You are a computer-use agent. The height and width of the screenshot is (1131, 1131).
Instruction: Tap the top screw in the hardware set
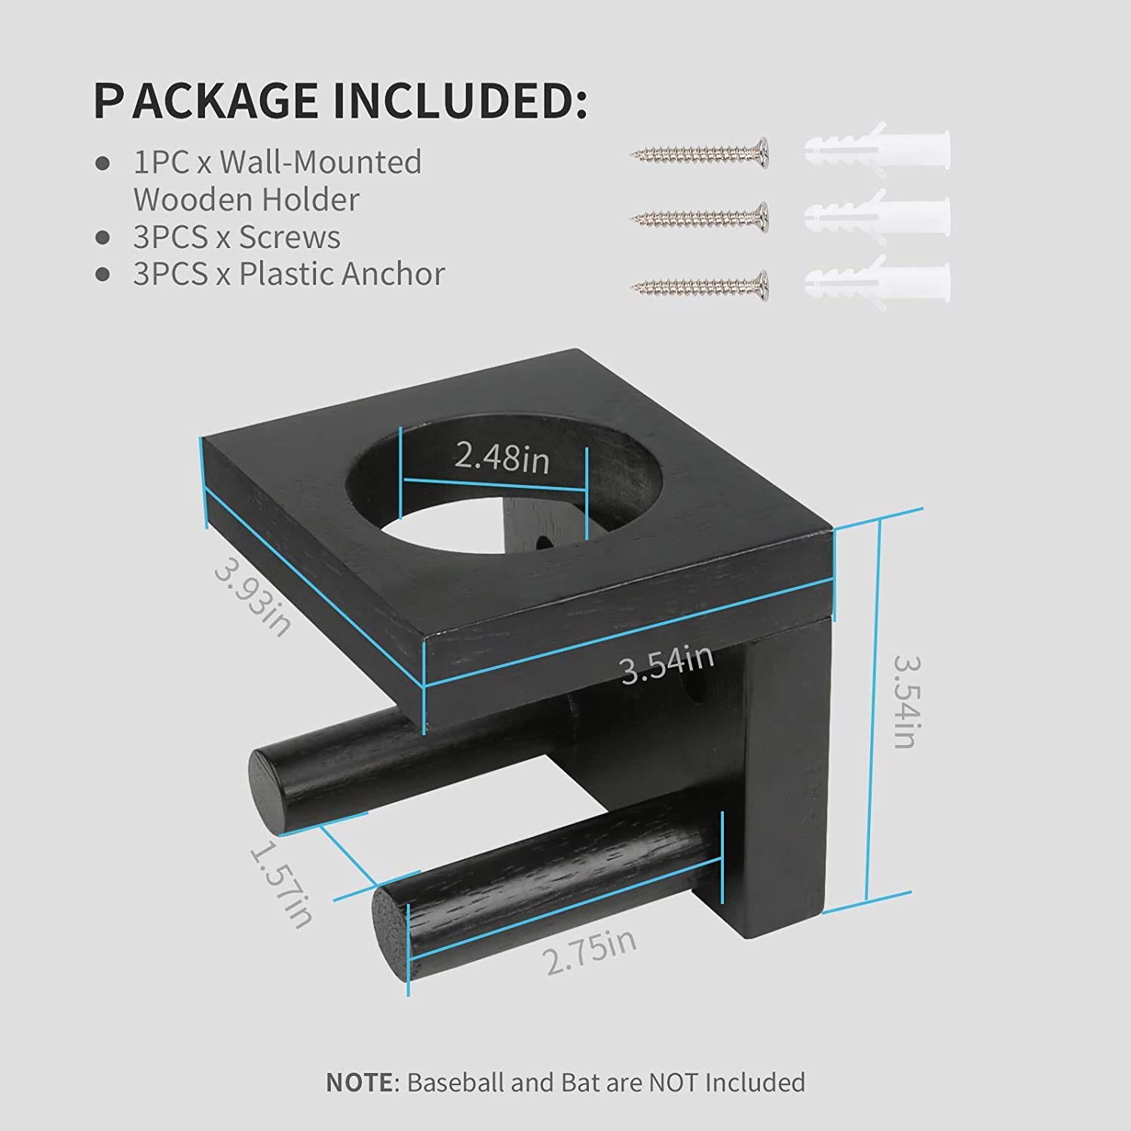pyautogui.click(x=699, y=153)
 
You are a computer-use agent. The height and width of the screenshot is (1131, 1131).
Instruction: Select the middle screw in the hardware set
pyautogui.click(x=699, y=218)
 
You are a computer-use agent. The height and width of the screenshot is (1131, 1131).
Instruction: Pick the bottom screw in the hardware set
pyautogui.click(x=699, y=285)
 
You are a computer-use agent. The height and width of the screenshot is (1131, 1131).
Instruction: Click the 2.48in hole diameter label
pyautogui.click(x=501, y=458)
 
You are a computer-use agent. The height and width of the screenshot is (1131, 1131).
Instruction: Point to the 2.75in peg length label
pyautogui.click(x=590, y=952)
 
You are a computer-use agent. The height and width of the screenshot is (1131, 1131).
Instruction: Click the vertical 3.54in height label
pyautogui.click(x=904, y=701)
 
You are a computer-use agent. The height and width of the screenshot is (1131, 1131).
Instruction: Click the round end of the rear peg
pyautogui.click(x=264, y=788)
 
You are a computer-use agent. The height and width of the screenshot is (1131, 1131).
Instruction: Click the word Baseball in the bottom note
pyautogui.click(x=455, y=1082)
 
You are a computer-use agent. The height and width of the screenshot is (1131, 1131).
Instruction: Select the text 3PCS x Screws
pyautogui.click(x=237, y=238)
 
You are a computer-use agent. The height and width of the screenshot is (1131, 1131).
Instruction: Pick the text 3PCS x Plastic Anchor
pyautogui.click(x=289, y=274)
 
